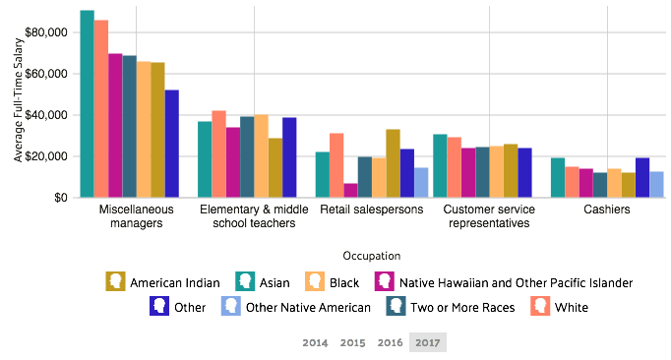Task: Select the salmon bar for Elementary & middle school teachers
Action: (x=218, y=153)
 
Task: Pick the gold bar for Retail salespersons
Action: (x=393, y=163)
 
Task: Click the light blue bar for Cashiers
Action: (x=656, y=184)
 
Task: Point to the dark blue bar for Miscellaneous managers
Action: (x=171, y=144)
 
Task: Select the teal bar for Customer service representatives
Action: (x=440, y=165)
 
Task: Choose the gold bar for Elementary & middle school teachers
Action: (x=274, y=167)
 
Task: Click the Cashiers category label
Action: (x=607, y=210)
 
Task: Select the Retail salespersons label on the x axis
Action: (x=370, y=210)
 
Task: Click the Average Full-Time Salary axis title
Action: (x=18, y=100)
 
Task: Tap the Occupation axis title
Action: (x=372, y=256)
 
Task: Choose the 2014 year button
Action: (x=315, y=342)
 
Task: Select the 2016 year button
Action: (x=391, y=342)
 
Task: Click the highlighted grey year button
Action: (x=428, y=342)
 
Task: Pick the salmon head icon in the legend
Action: (x=540, y=306)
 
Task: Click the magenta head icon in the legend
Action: (x=384, y=281)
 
